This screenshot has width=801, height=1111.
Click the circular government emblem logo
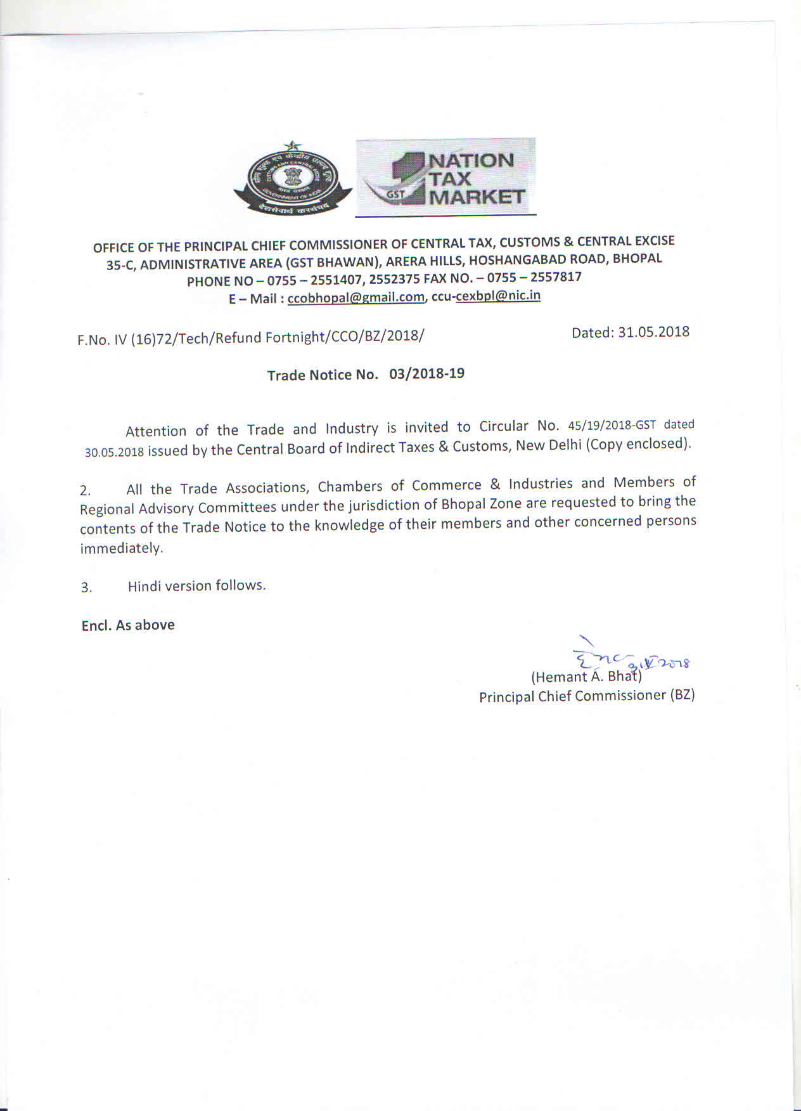293,178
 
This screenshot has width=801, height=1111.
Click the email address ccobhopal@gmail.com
356,297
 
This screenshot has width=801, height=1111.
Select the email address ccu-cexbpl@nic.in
486,296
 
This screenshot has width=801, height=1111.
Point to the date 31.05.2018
653,332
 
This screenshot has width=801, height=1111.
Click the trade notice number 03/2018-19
426,374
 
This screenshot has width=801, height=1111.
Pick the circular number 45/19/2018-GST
612,425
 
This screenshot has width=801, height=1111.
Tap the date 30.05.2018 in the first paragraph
114,452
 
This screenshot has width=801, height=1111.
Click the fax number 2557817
556,276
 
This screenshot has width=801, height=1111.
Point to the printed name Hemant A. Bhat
586,677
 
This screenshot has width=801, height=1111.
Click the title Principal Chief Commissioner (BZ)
587,696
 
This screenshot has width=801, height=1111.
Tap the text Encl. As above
128,625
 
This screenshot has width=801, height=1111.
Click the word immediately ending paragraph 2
121,548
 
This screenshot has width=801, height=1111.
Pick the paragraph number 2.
86,490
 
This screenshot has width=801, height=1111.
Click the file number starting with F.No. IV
250,337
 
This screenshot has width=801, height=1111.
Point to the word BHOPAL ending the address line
637,258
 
